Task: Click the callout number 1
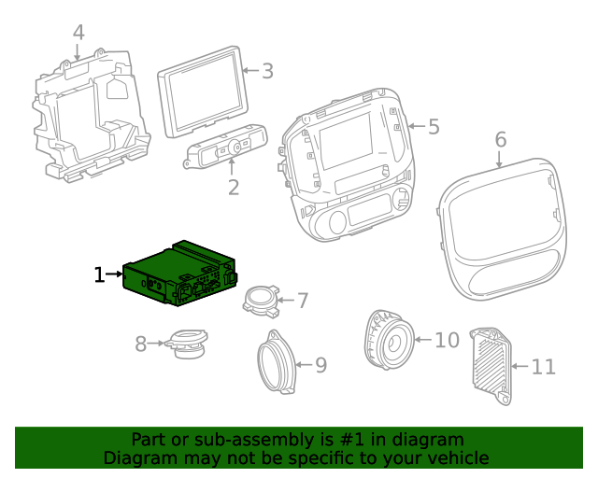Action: (99, 274)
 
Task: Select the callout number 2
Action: (234, 187)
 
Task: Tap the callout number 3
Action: (267, 71)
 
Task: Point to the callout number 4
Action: (78, 33)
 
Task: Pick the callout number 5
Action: (433, 126)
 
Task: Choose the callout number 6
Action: (501, 139)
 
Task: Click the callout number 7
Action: (302, 300)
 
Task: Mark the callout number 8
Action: (141, 344)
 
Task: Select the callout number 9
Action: (320, 364)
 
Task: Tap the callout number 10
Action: (448, 340)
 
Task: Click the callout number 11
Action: (544, 367)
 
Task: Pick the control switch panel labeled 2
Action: (226, 148)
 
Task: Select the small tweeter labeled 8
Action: (187, 344)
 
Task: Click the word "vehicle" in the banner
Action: (458, 458)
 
